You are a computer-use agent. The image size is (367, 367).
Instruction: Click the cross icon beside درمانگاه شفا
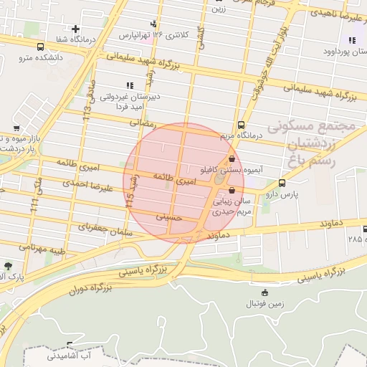point(75,29)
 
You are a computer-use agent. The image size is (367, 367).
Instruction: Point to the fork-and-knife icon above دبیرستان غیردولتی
point(130,85)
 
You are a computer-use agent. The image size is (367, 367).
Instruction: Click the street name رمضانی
point(141,123)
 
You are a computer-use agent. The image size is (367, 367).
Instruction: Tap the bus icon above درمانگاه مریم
point(241,124)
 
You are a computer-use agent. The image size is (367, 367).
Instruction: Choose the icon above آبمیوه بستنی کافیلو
point(232,159)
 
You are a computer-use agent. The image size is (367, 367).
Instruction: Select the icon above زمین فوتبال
point(265,292)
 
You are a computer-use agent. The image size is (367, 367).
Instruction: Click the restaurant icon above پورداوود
point(352,40)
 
